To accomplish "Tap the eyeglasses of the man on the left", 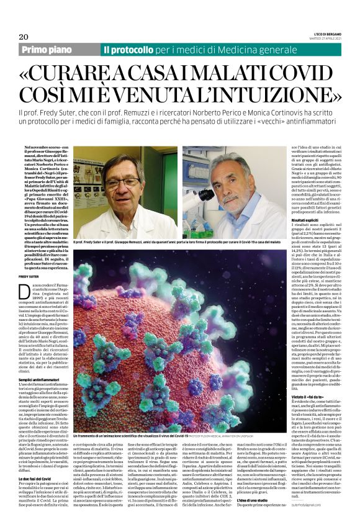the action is [120, 184].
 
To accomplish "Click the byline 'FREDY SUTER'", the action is [29, 277].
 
